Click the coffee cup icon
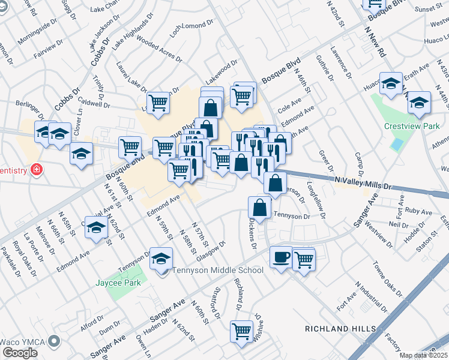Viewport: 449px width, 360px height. tap(280, 257)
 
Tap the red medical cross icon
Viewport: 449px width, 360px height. tap(37, 170)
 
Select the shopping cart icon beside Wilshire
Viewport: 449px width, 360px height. tap(241, 330)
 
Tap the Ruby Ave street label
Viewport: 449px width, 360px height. tap(418, 212)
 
